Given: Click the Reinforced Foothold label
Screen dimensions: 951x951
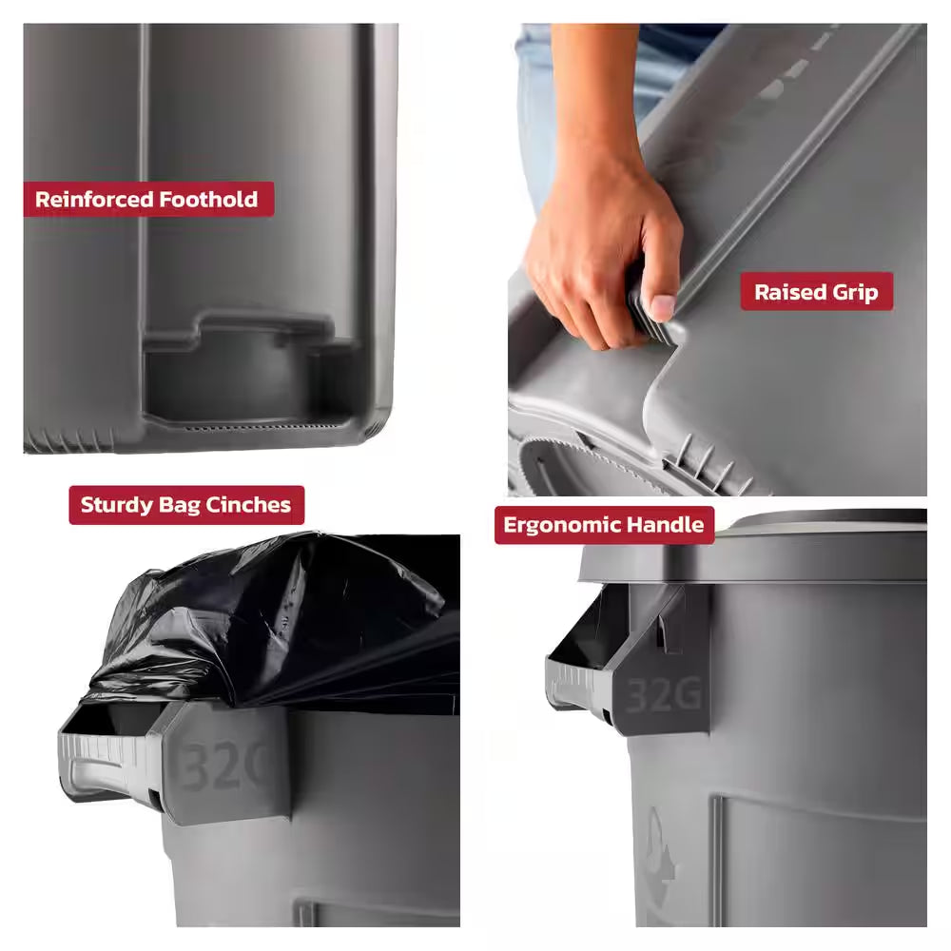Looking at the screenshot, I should tap(147, 200).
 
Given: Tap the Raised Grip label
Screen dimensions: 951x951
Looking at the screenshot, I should tap(816, 292).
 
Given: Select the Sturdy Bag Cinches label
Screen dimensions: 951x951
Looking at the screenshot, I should tap(185, 505).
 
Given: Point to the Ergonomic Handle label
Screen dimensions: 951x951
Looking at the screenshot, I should tap(604, 525).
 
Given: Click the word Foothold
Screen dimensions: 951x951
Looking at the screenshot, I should tap(209, 200).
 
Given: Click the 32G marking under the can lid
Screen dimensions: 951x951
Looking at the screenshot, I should tap(663, 696).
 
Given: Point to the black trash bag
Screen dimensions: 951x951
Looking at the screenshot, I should tap(285, 618).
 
